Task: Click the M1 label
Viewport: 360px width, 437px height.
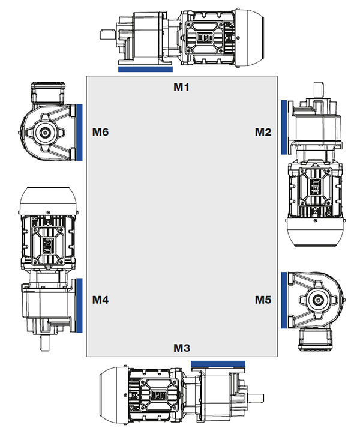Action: pyautogui.click(x=181, y=87)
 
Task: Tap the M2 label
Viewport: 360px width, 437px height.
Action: pyautogui.click(x=263, y=132)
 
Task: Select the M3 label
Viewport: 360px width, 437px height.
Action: pyautogui.click(x=182, y=348)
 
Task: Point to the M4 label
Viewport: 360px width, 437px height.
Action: pyautogui.click(x=100, y=300)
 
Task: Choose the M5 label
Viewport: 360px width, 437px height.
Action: pyautogui.click(x=263, y=300)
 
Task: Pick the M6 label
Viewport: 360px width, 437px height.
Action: pyautogui.click(x=100, y=132)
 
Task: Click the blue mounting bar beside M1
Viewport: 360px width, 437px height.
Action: pyautogui.click(x=145, y=69)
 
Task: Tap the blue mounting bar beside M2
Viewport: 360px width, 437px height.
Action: pyautogui.click(x=284, y=127)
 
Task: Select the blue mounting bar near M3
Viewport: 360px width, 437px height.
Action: pyautogui.click(x=218, y=364)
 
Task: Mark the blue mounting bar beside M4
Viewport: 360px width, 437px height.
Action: pyautogui.click(x=79, y=305)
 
